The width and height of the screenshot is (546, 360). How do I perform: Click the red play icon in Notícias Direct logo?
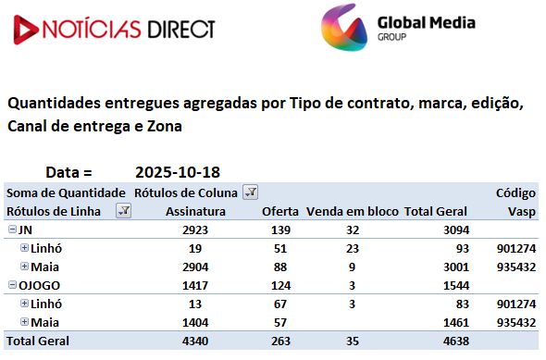pyautogui.click(x=24, y=30)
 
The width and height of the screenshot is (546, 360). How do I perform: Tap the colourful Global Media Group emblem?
pyautogui.click(x=344, y=28)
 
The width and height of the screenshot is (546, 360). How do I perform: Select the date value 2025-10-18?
pyautogui.click(x=178, y=172)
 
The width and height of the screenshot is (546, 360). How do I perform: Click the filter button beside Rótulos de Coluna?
pyautogui.click(x=251, y=192)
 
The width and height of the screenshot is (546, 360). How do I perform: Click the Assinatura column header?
pyautogui.click(x=195, y=211)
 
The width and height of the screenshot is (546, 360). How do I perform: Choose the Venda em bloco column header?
pyautogui.click(x=352, y=211)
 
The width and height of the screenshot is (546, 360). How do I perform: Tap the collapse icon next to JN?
pyautogui.click(x=12, y=230)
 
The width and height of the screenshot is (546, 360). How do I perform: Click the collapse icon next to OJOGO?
pyautogui.click(x=12, y=285)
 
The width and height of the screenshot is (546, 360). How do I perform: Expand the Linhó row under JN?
pyautogui.click(x=24, y=247)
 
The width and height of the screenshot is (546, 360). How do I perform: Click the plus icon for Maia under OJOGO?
pyautogui.click(x=24, y=322)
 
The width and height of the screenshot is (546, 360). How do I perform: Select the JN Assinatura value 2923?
pyautogui.click(x=195, y=230)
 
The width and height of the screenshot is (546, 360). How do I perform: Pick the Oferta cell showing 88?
pyautogui.click(x=280, y=267)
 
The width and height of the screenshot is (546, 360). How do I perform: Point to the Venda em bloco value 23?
pyautogui.click(x=353, y=249)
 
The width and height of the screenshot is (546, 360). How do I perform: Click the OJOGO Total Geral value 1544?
pyautogui.click(x=456, y=285)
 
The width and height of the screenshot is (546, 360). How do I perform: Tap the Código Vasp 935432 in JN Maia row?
pyautogui.click(x=516, y=267)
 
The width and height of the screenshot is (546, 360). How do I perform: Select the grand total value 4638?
pyautogui.click(x=456, y=341)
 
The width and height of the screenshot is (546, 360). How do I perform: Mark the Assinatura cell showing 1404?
pyautogui.click(x=195, y=323)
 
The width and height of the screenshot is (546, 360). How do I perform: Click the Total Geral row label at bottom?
pyautogui.click(x=38, y=341)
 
